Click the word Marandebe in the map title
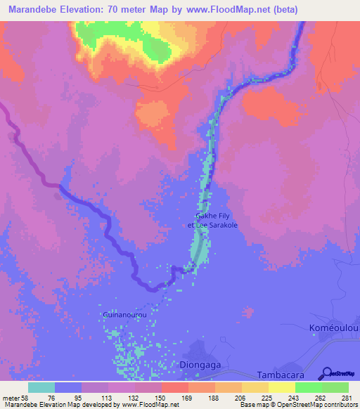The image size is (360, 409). pos(32,10)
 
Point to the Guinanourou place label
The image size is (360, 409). pos(124,315)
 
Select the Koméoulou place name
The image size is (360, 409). pos(334,328)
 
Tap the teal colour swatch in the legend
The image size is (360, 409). pos(41,387)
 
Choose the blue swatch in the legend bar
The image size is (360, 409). pos(68,387)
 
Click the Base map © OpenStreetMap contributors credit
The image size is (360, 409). pos(298,405)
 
